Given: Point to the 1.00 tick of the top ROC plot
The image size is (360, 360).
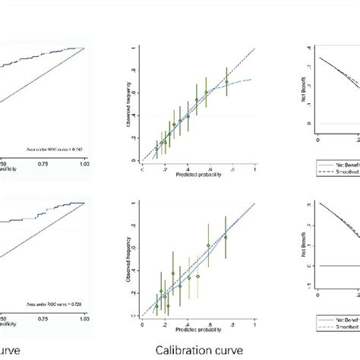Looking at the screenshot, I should [x=84, y=162].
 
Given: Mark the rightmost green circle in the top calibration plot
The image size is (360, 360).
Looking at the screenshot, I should [x=226, y=81].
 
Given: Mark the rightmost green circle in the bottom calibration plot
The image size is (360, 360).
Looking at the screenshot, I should [x=226, y=237].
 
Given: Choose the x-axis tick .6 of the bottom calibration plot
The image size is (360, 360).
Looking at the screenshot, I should [x=220, y=324].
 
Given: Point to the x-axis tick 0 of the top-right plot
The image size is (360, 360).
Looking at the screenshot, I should [x=318, y=141].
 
